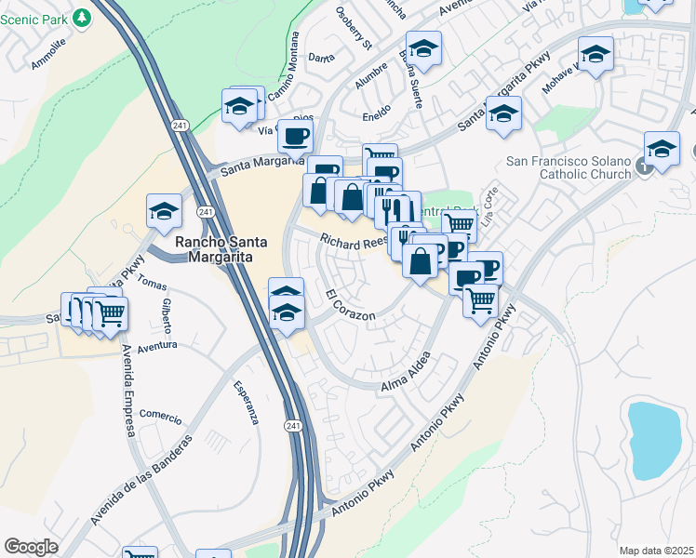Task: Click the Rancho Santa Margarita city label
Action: [215, 250]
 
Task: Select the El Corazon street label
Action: [351, 306]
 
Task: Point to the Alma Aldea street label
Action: [406, 372]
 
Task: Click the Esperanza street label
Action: [245, 403]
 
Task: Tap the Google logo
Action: [31, 547]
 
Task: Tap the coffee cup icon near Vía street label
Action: [295, 137]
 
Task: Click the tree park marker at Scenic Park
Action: [83, 17]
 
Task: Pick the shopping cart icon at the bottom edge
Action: [140, 553]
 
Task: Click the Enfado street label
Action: [376, 116]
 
